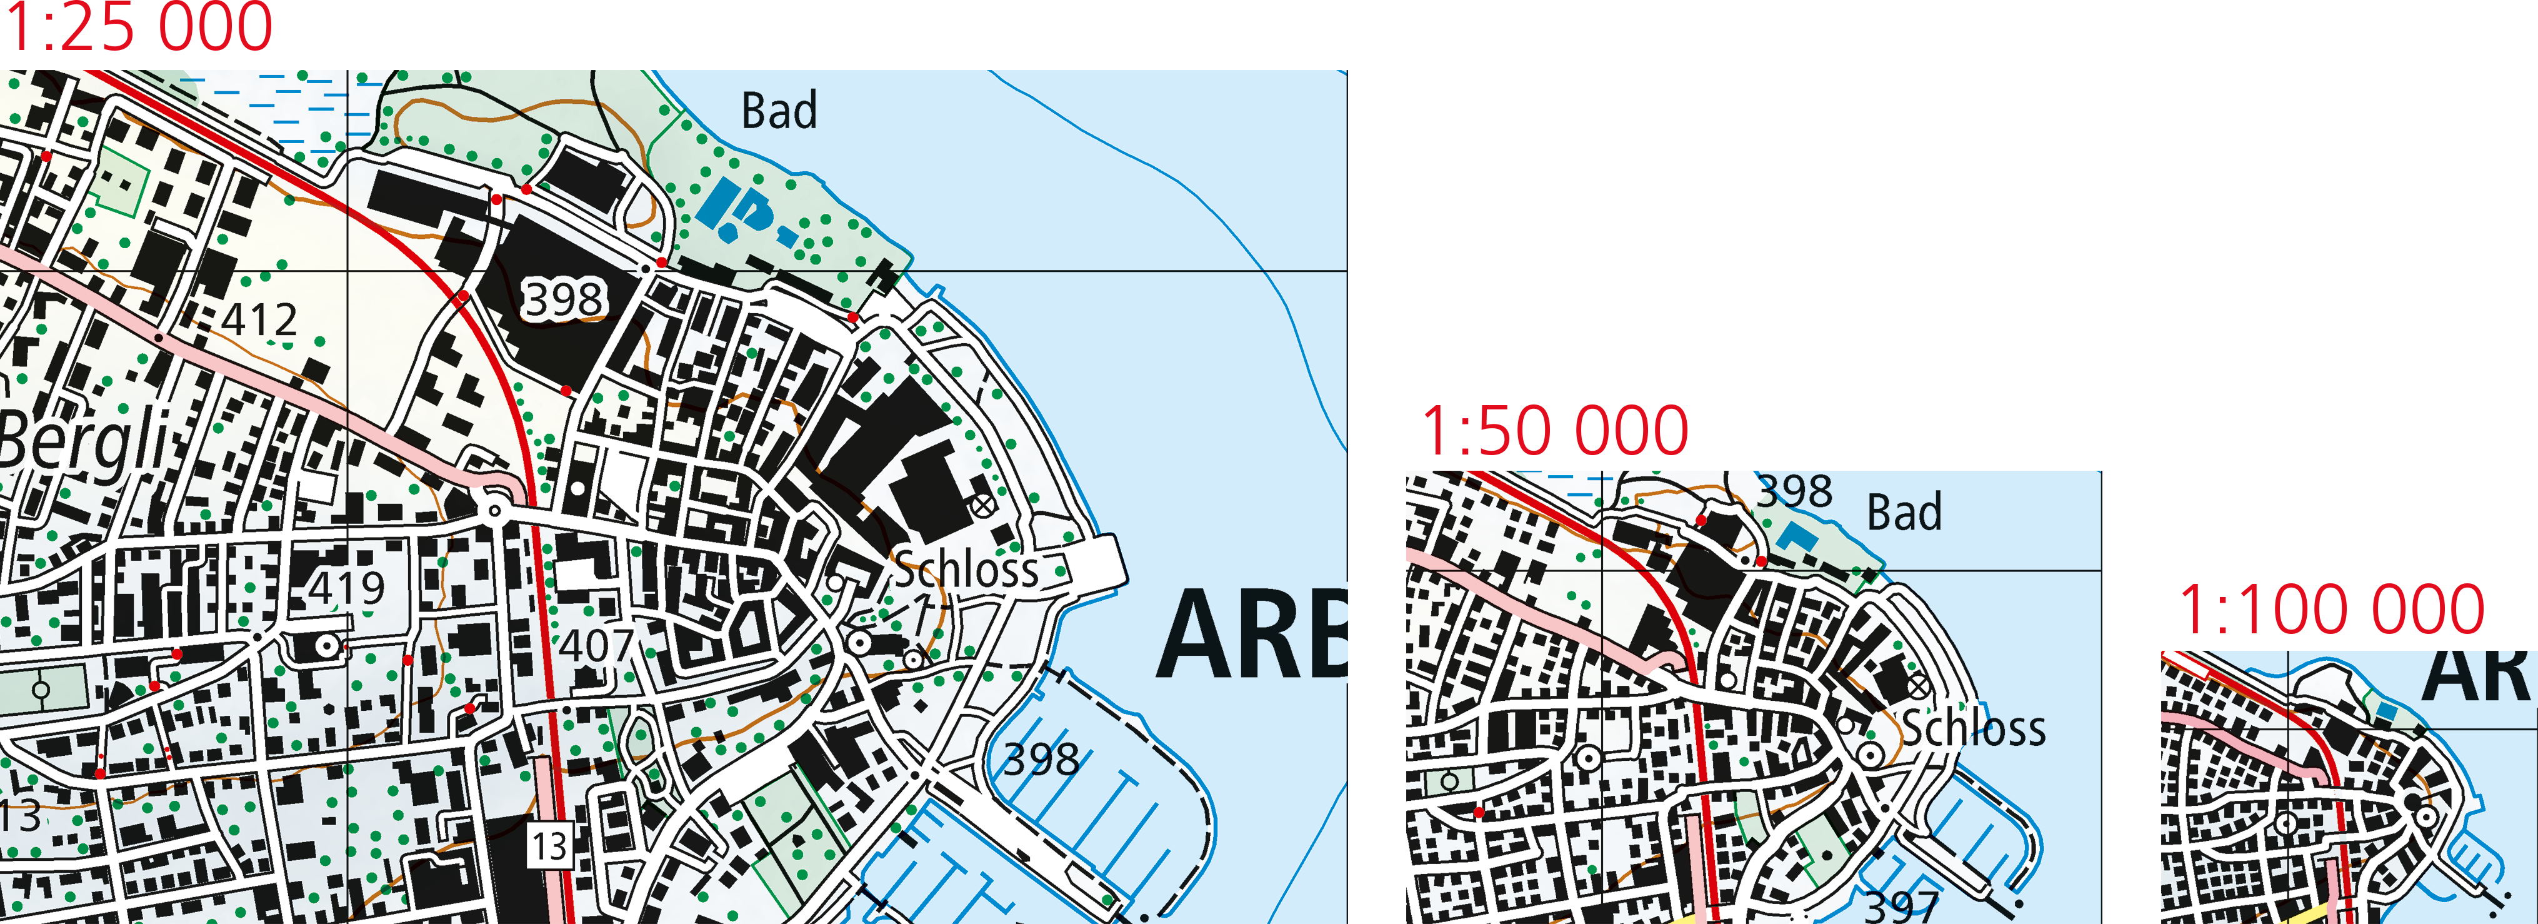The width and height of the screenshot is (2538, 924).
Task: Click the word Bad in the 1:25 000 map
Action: click(778, 110)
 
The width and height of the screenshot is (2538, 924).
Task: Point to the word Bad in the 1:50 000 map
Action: click(1904, 512)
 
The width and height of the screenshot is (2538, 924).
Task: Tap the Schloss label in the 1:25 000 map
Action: click(966, 570)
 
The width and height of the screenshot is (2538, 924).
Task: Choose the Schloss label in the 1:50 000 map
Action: click(1972, 729)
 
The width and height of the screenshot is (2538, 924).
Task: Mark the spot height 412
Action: click(258, 320)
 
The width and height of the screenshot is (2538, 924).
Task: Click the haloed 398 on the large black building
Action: click(562, 298)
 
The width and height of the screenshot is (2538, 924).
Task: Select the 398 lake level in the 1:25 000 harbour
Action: click(1041, 760)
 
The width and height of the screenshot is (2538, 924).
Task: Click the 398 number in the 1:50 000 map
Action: click(1794, 491)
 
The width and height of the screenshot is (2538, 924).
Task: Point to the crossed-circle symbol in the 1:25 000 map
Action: click(982, 505)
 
